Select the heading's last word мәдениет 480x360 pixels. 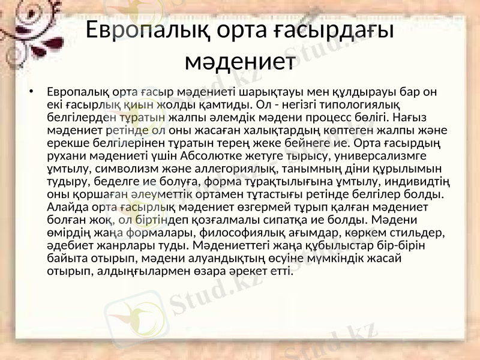(x=239, y=61)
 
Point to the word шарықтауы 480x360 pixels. (x=263, y=93)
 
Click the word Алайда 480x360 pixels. (x=64, y=208)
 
